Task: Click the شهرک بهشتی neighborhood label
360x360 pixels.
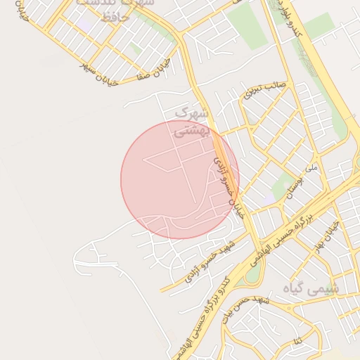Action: coord(191,121)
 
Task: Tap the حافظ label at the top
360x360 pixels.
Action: coord(115,17)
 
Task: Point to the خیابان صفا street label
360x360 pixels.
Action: coord(156,71)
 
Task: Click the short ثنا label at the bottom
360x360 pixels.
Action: coord(299,342)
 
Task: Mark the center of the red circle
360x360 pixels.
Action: coord(180,179)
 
